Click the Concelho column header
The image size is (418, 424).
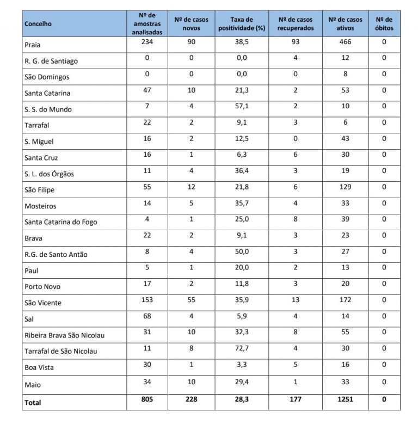[x=38, y=24]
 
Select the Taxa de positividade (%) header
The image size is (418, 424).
[x=242, y=24]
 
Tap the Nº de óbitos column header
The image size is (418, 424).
[x=384, y=24]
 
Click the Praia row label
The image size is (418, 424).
[x=33, y=45]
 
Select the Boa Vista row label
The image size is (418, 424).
[x=40, y=367]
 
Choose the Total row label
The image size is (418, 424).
[x=33, y=403]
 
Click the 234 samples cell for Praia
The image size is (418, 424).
[x=147, y=42]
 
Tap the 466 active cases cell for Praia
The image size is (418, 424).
[x=345, y=42]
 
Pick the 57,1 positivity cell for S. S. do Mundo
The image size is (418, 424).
[x=242, y=107]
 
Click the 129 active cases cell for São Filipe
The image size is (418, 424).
[x=345, y=187]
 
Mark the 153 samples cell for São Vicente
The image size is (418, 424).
[x=147, y=300]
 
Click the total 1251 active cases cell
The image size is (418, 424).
[x=345, y=400]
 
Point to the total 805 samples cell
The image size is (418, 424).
[x=147, y=400]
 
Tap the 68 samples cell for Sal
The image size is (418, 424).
[x=147, y=316]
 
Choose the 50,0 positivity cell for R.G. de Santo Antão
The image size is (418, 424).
[x=242, y=251]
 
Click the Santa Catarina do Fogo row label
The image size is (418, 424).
[x=61, y=222]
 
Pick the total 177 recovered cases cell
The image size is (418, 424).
[x=295, y=400]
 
